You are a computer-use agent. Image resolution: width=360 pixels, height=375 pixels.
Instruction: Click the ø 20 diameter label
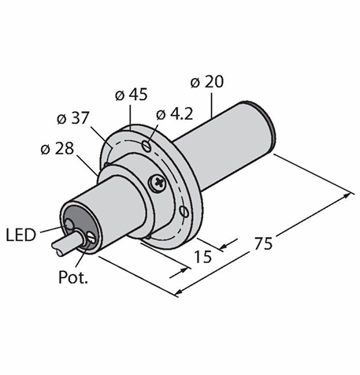pos(207,82)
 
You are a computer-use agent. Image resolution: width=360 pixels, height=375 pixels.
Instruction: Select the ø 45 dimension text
pos(132,95)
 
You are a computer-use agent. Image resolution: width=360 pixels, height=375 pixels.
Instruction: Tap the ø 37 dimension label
pos(73,118)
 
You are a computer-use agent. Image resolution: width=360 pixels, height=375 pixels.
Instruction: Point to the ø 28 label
pos(58,149)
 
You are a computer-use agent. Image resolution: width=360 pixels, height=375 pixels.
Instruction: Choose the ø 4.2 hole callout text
pos(174,114)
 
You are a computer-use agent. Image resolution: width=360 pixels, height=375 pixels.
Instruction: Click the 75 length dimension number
pos(263,243)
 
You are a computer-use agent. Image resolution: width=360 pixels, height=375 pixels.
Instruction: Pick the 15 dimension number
pos(202,257)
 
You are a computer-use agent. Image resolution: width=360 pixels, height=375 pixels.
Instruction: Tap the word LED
pos(20,235)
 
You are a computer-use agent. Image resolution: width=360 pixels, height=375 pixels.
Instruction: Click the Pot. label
pos(72,277)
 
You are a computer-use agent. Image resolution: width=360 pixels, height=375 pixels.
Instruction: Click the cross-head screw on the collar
pos(158,182)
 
